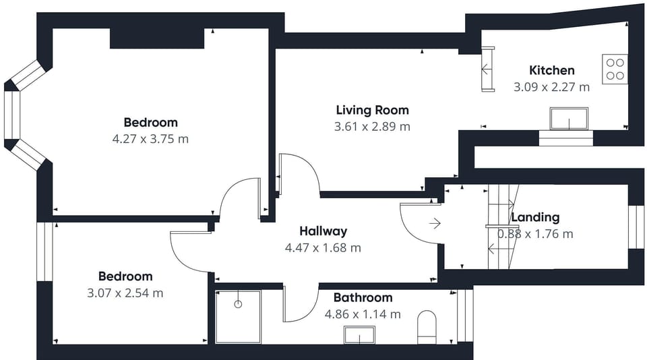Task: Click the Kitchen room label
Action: coord(552,70)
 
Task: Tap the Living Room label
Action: coord(372,111)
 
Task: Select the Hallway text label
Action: coord(323,231)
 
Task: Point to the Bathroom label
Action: coord(363,297)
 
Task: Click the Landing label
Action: coord(535,217)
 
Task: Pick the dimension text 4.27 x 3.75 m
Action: coord(150,139)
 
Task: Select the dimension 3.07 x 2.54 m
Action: coord(125,293)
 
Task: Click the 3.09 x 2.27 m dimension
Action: coord(552,87)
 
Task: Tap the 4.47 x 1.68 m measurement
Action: coord(323,247)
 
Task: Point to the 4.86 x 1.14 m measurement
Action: coord(363,314)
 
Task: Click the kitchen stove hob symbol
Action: coord(615,69)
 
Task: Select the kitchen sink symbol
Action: coord(569,119)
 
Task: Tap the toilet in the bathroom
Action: coord(427,328)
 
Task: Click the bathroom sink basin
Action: coord(359,335)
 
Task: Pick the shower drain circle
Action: coord(238,304)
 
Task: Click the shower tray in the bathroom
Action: coord(238,317)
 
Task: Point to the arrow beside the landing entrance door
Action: coord(435,224)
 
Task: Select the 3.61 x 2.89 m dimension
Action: coord(372,126)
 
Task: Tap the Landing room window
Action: coord(636,227)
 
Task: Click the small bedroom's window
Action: coord(45,252)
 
